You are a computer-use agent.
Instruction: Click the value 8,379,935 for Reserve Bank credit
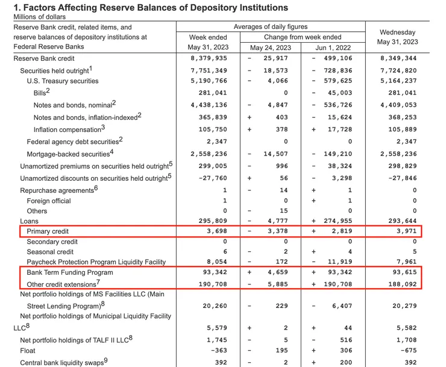[x=209, y=59]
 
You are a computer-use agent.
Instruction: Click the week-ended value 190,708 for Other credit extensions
[x=212, y=283]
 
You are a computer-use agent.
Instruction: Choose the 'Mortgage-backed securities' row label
[x=69, y=154]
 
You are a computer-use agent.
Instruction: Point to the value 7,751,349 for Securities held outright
[x=209, y=71]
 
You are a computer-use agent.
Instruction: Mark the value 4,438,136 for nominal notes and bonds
[x=209, y=105]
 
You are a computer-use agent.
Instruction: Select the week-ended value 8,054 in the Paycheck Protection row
[x=216, y=263]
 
